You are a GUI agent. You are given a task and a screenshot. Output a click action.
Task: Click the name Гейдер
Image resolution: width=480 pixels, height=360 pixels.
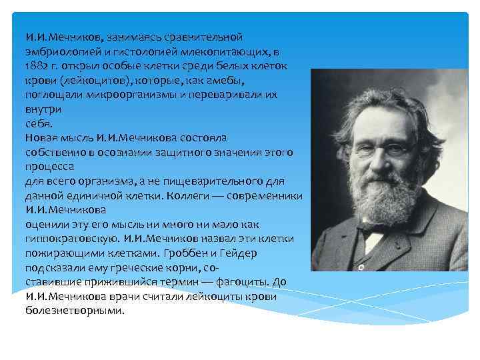[237, 253]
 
